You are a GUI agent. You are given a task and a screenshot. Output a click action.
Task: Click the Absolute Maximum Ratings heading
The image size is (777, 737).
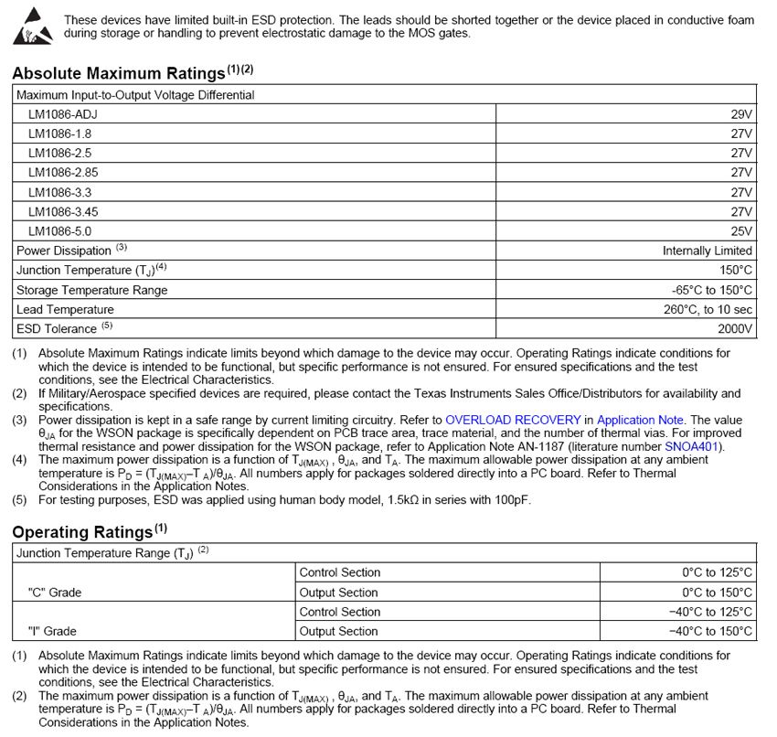tap(119, 73)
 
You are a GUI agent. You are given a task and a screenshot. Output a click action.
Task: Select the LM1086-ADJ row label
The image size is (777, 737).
tap(62, 114)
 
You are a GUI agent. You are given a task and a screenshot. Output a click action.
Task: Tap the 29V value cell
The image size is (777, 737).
tap(741, 114)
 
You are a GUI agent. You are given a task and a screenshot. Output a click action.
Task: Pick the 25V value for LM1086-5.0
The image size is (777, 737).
tap(741, 231)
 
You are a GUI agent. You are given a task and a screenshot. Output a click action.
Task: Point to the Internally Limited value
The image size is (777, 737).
tap(707, 251)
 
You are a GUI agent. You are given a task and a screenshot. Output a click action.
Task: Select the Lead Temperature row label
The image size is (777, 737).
tap(65, 309)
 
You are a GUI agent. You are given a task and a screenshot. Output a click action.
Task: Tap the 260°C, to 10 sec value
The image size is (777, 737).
tap(708, 309)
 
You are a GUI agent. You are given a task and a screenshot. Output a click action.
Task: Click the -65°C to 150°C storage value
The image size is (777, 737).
tap(707, 290)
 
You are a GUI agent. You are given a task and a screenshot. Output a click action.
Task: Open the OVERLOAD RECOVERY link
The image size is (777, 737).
tap(513, 420)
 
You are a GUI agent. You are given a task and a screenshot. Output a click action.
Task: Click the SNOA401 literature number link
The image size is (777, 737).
tap(693, 446)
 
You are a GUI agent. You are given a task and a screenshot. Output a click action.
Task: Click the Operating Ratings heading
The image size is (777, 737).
tap(82, 532)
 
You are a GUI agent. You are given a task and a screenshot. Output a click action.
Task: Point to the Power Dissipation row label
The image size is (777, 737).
tap(64, 251)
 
